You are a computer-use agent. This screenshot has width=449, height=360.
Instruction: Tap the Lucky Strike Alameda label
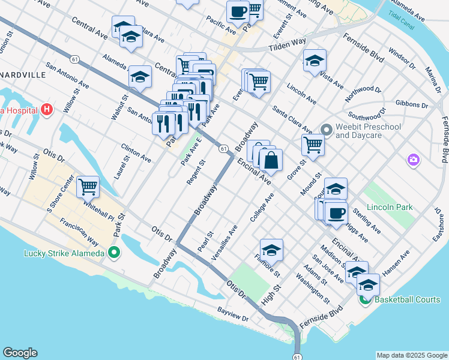[64, 253]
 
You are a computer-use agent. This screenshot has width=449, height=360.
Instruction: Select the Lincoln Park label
[391, 207]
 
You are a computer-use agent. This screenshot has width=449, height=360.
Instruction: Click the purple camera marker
[413, 159]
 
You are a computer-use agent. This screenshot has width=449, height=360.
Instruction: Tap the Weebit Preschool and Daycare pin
[327, 130]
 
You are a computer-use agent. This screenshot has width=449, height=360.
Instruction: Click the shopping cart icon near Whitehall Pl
[88, 187]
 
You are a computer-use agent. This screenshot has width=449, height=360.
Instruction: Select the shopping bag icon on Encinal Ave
[271, 160]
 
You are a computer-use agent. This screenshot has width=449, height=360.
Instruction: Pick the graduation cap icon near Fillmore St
[271, 250]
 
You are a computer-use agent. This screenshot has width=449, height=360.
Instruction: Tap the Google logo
[20, 353]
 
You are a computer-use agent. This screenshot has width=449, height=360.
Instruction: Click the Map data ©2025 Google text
[411, 355]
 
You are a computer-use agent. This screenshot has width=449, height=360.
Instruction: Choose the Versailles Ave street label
[224, 242]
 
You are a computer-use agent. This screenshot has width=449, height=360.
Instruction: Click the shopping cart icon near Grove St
[313, 144]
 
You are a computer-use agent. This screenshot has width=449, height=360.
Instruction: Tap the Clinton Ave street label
[136, 153]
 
